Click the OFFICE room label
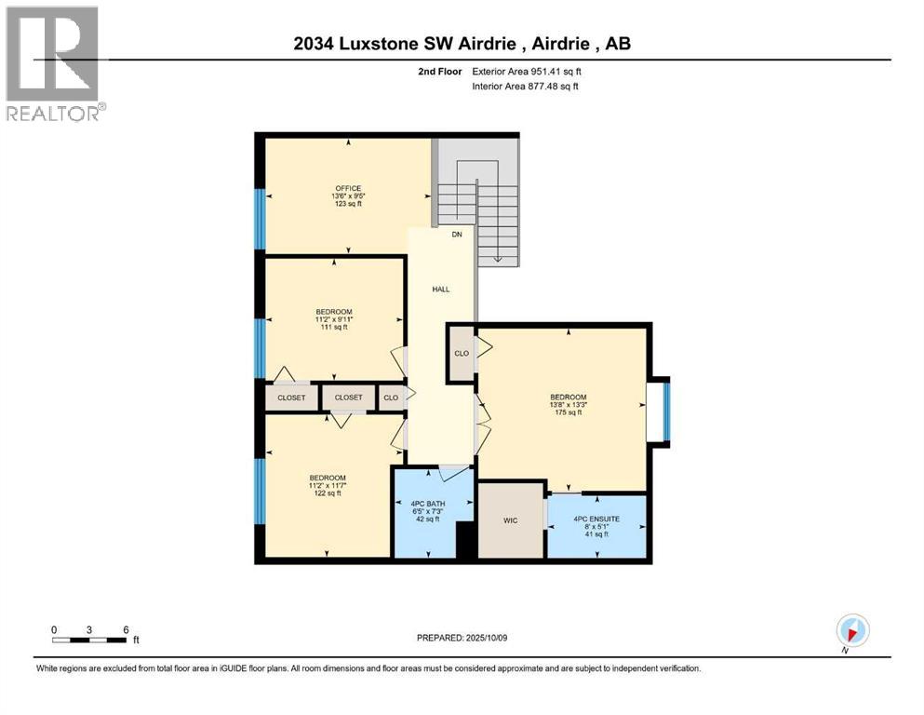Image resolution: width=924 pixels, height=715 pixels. [x=348, y=188]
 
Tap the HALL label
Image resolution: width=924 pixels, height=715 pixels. [x=441, y=290]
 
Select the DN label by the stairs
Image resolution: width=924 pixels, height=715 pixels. [x=457, y=235]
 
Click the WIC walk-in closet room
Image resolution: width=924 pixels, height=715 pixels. [x=510, y=520]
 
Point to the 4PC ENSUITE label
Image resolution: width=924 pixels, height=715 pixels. [x=596, y=518]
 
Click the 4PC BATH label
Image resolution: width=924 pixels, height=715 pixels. [x=425, y=505]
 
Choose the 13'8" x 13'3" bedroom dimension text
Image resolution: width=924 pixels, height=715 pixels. [x=568, y=404]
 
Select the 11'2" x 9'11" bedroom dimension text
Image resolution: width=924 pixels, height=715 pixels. [x=333, y=320]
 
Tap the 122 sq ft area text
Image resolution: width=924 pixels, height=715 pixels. [x=327, y=493]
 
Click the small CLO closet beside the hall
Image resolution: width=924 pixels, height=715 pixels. [x=391, y=398]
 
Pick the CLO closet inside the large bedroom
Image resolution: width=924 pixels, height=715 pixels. [x=462, y=354]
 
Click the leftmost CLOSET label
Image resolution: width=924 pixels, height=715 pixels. [x=291, y=398]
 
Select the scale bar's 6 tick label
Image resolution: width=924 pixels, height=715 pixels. [x=125, y=629]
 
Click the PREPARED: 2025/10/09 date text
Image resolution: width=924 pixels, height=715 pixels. [x=462, y=638]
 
